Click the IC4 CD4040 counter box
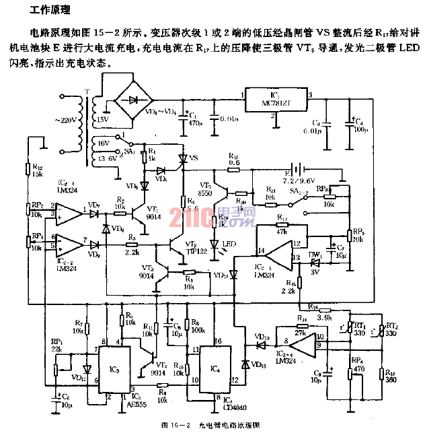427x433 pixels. coord(216,367)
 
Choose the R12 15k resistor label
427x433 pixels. coord(37,171)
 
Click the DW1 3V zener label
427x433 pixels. coord(313,265)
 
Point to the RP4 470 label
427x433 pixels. coord(359,364)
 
